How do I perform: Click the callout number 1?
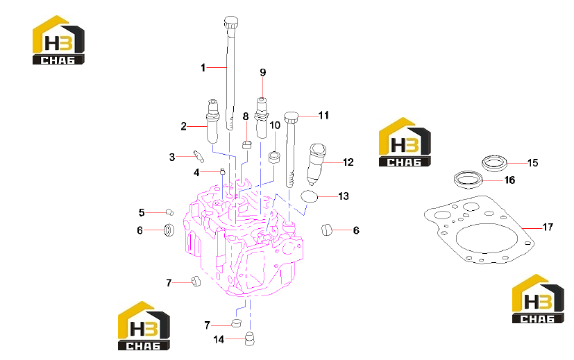click(203, 68)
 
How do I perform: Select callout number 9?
click(262, 72)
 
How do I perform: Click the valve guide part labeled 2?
click(212, 121)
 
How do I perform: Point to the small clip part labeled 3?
click(199, 156)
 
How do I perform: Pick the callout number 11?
click(323, 115)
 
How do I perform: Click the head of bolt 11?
click(292, 117)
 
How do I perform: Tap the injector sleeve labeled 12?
click(317, 164)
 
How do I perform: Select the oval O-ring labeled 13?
click(309, 196)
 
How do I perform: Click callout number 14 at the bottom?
click(219, 339)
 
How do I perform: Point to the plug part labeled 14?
click(250, 338)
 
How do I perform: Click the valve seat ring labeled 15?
click(494, 163)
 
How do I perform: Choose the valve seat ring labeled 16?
click(468, 179)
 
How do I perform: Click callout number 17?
click(547, 228)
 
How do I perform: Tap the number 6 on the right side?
click(356, 230)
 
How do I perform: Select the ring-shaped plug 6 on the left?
click(169, 230)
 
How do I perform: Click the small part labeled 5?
click(169, 212)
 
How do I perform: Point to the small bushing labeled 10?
click(275, 157)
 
